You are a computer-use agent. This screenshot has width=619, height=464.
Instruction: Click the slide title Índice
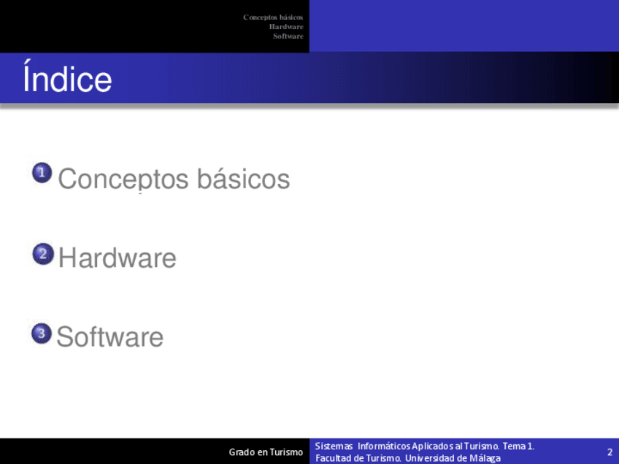(x=67, y=77)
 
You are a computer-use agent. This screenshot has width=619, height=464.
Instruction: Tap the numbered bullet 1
(x=42, y=173)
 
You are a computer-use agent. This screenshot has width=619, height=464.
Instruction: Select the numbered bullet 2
(x=43, y=254)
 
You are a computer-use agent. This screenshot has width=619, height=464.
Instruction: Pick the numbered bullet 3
(x=42, y=333)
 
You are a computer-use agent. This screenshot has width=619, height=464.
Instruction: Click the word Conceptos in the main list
(x=123, y=179)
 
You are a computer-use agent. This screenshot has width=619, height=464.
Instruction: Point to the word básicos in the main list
(x=244, y=178)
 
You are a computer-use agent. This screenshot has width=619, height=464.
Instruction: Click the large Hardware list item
(x=118, y=258)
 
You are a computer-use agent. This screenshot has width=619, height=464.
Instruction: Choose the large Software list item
(x=109, y=336)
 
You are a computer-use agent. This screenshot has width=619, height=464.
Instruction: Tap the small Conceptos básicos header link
(x=273, y=18)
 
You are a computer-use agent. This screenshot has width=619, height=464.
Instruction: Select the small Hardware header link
(x=286, y=27)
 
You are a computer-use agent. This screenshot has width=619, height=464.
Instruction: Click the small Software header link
(x=288, y=36)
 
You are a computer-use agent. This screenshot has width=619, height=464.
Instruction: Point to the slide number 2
(x=610, y=452)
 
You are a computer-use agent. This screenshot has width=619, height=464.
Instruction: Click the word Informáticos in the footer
(x=385, y=446)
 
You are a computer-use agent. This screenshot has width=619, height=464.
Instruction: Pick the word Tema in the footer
(x=514, y=446)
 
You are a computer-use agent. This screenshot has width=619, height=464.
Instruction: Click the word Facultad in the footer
(x=331, y=458)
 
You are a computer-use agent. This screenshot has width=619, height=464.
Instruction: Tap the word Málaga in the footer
(x=485, y=458)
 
